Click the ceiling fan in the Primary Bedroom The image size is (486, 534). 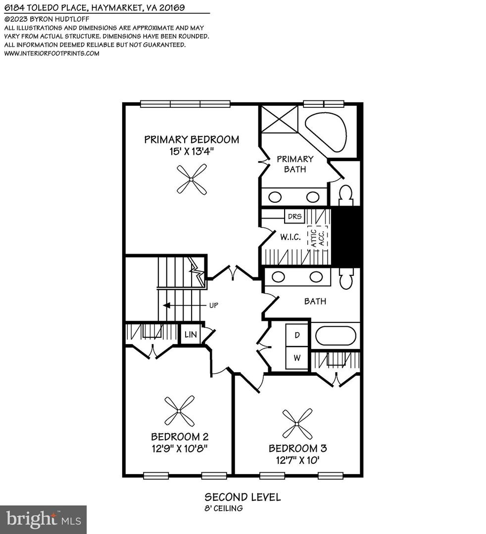click(192, 179)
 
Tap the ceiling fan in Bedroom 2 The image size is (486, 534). click(179, 410)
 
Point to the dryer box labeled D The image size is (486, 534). click(297, 335)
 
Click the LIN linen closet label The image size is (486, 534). click(191, 335)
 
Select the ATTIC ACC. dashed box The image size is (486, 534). click(317, 237)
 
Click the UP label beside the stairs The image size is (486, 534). click(214, 305)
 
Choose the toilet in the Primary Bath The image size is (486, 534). click(345, 194)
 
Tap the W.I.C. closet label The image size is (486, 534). click(291, 237)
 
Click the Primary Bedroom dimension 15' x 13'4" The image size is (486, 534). click(192, 151)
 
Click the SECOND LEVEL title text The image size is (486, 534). click(243, 497)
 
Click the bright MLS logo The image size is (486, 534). click(43, 519)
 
